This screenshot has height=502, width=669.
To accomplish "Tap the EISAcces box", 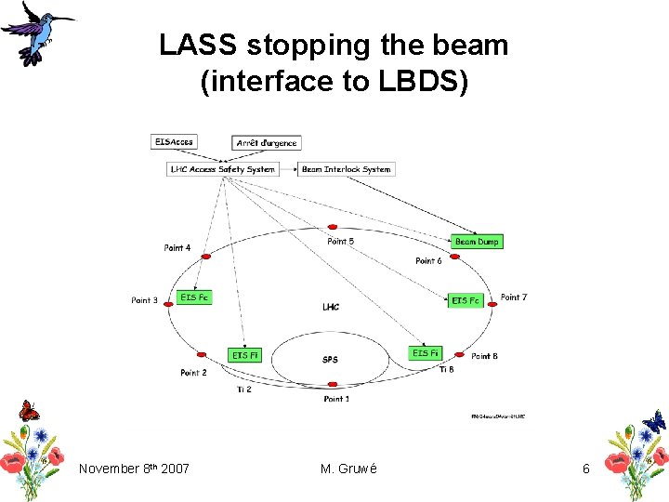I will click(x=173, y=141).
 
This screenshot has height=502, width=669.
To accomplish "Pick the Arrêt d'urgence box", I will click(x=266, y=143).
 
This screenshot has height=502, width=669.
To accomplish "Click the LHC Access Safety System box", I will click(x=222, y=169).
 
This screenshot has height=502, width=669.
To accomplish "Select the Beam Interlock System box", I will click(x=347, y=169).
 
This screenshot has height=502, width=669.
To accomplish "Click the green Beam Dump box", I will click(x=477, y=242).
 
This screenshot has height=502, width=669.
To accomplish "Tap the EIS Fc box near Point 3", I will click(x=194, y=297).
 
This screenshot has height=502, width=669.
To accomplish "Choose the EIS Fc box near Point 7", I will click(x=466, y=300).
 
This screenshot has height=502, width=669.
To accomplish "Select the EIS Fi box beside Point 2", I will click(x=246, y=355).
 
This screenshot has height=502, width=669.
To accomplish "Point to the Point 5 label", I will click(x=340, y=242).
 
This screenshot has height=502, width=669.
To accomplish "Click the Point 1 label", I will click(x=336, y=399).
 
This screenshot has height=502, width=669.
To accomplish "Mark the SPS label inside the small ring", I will click(x=330, y=360).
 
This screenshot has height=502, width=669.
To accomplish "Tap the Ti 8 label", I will click(x=447, y=370).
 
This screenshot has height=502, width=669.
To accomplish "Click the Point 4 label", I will click(x=177, y=248).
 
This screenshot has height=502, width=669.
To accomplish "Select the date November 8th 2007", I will click(x=134, y=469).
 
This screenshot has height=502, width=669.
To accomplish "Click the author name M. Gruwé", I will click(x=348, y=469).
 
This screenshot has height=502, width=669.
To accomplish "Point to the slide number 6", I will click(x=585, y=469).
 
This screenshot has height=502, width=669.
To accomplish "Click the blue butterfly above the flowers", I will click(x=654, y=420).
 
